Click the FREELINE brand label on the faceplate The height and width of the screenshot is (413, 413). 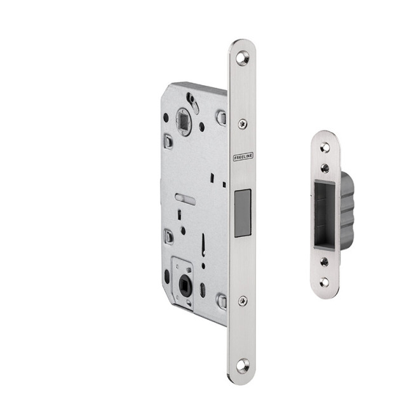click(x=243, y=156)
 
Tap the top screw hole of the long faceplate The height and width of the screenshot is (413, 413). click(x=242, y=58)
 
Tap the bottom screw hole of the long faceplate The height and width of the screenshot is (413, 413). click(x=243, y=365)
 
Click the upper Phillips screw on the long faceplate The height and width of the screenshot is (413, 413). click(x=243, y=123)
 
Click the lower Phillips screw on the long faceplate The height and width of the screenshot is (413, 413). click(x=243, y=301)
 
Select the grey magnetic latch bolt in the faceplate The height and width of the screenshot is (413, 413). click(x=243, y=213)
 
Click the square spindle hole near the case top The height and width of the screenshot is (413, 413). click(x=184, y=122)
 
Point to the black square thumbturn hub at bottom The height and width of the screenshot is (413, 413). click(x=185, y=285)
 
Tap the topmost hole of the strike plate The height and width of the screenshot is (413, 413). click(x=325, y=148)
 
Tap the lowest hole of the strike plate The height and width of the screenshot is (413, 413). click(x=325, y=282)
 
